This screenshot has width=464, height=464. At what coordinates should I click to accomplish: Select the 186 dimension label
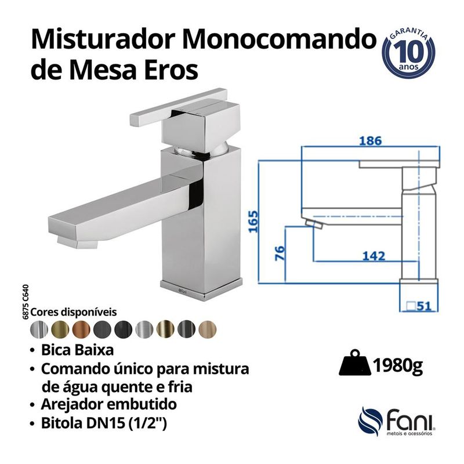click(369, 141)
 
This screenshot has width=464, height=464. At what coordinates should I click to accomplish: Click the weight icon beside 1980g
click(354, 365)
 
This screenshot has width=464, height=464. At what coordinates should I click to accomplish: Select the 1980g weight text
click(397, 366)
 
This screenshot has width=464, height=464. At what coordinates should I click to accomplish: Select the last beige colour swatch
click(208, 329)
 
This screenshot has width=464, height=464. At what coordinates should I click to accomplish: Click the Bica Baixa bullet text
click(74, 351)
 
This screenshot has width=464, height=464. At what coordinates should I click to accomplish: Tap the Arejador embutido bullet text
click(109, 404)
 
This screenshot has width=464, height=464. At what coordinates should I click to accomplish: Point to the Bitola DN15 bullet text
click(104, 424)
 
